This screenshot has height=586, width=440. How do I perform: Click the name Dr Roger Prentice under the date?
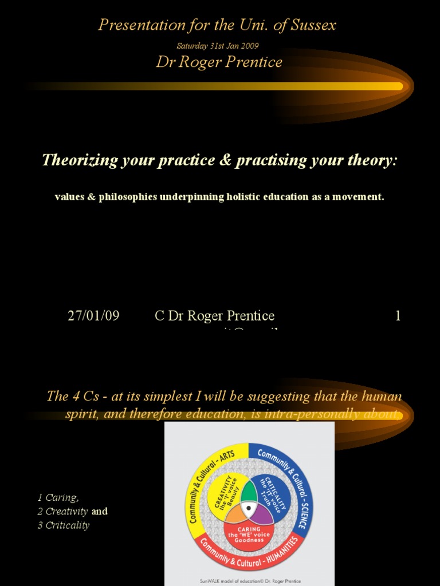219,62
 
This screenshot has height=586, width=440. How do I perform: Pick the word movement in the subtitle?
359,197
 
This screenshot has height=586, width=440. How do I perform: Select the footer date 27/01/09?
93,316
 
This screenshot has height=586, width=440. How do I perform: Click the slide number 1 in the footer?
398,316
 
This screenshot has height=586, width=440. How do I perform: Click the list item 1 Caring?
58,497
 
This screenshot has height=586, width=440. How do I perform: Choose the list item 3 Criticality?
64,525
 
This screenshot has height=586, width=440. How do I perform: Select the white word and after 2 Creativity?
100,511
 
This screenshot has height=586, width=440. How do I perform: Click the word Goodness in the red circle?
249,540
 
